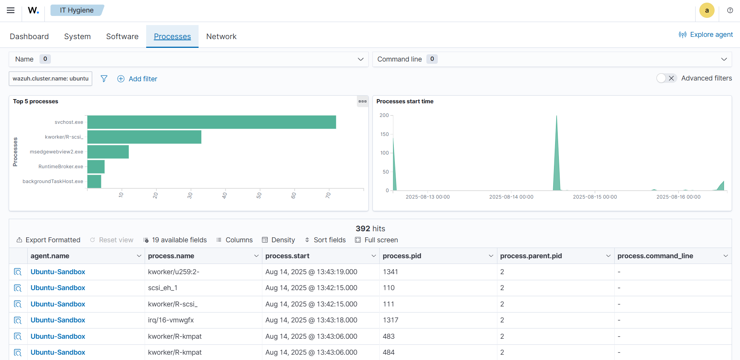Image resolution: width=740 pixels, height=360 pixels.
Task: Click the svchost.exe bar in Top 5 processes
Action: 211,122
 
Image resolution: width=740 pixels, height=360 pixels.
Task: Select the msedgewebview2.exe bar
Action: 108,152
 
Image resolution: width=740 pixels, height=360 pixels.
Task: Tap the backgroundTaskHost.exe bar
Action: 94,182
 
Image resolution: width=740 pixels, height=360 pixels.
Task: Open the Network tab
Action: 221,36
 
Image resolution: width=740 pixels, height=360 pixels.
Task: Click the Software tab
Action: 122,36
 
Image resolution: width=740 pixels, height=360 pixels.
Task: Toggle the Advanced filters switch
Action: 666,78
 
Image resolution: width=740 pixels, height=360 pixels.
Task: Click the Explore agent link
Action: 706,35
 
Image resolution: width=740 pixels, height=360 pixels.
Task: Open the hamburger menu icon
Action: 11,10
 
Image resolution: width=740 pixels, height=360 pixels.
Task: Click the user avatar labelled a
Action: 707,11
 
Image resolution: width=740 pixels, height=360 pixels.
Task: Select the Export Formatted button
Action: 49,240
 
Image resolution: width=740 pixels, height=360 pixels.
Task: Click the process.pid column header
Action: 402,256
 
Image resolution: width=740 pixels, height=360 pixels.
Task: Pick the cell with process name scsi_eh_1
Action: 163,288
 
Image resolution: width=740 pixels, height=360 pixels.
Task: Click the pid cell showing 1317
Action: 391,320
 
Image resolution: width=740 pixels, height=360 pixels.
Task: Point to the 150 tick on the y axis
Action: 385,134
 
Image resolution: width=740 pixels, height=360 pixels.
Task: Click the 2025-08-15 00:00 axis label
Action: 595,197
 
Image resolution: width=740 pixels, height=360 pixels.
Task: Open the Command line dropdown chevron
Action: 724,59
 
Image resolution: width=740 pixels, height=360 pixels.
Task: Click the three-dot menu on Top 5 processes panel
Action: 363,101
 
